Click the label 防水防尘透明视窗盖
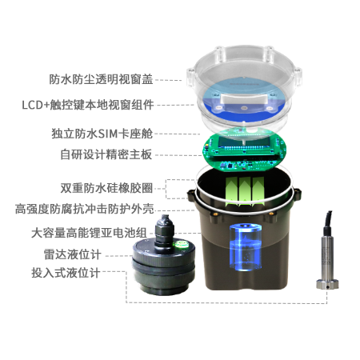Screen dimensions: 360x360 pos(101,79)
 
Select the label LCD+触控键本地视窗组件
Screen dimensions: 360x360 pos(88,105)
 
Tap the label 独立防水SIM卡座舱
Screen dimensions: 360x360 pos(102,134)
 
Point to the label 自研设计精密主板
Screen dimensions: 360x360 pos(106,154)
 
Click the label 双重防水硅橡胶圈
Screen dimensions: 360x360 pos(106,188)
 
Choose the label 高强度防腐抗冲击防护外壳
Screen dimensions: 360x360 pos(85,209)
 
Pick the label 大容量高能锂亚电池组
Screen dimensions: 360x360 pos(89,233)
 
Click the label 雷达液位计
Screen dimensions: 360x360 pos(73,254)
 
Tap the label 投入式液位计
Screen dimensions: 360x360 pos(66,273)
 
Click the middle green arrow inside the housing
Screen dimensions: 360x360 pos(245,191)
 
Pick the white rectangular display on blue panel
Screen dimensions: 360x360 pos(244,98)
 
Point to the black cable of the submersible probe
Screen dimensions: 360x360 pos(328,219)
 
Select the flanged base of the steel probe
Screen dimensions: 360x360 pos(327,284)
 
